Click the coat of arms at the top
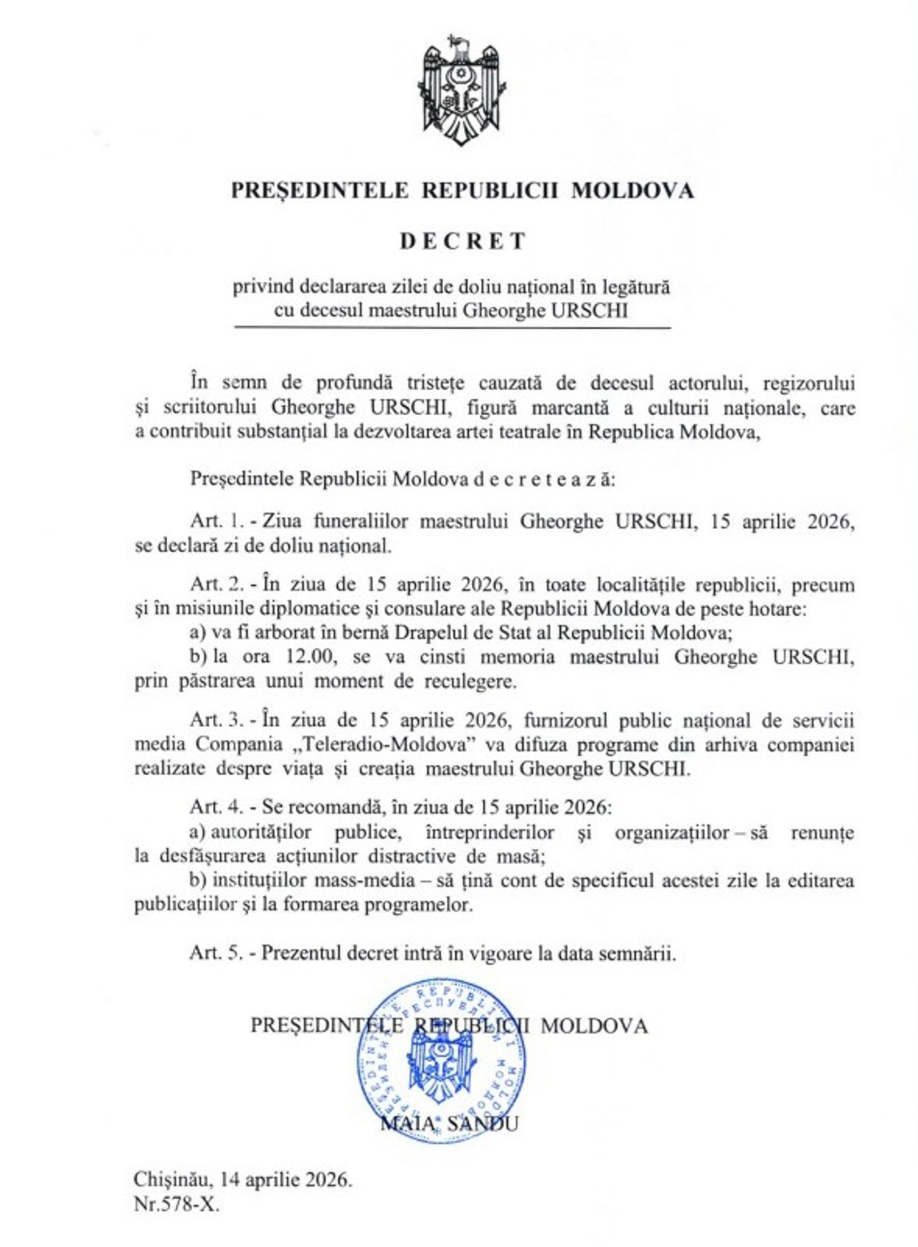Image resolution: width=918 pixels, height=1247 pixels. (461, 90)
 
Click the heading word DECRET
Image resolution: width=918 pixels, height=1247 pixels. (463, 241)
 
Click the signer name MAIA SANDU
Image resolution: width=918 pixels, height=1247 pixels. (449, 1123)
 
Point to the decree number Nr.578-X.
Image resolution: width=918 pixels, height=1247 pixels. (176, 1204)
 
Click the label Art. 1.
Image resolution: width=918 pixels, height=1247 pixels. (217, 521)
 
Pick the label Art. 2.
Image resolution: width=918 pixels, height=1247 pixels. (217, 584)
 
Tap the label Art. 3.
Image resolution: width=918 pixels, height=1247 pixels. (217, 719)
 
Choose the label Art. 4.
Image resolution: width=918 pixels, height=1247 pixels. (217, 807)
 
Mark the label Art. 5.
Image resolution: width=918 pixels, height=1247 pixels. (217, 953)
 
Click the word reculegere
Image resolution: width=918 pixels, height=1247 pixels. (469, 681)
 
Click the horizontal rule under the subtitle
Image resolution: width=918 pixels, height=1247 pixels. (452, 328)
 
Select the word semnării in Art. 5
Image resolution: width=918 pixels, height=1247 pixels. (640, 953)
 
